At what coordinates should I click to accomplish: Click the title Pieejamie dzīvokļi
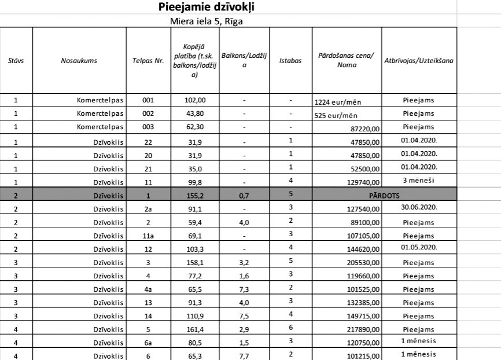tap(206, 7)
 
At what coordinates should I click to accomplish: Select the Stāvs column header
tap(16, 60)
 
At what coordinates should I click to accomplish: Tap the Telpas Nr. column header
tap(148, 60)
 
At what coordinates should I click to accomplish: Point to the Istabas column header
tap(290, 60)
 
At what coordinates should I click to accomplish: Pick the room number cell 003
tap(148, 127)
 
